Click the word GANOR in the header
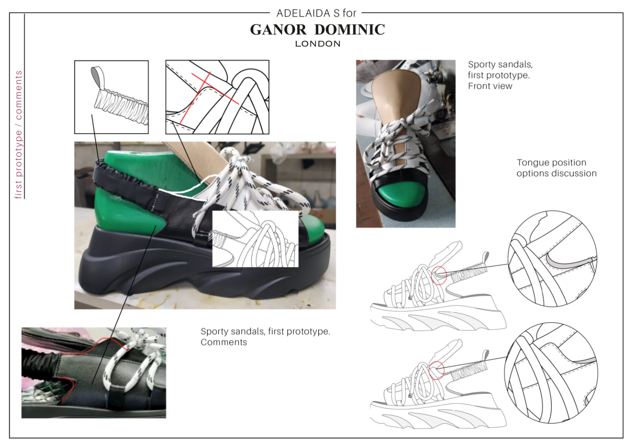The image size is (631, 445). [x=278, y=30]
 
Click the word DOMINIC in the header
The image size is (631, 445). [x=350, y=30]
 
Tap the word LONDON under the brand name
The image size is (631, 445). [x=318, y=44]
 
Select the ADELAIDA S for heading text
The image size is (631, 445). [x=316, y=13]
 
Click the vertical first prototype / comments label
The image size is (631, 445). [x=18, y=135]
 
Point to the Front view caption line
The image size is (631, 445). [x=490, y=86]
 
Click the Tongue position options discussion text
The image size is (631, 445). [x=557, y=168]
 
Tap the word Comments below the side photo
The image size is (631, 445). [x=224, y=342]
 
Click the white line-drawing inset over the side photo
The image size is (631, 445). [x=255, y=239]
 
